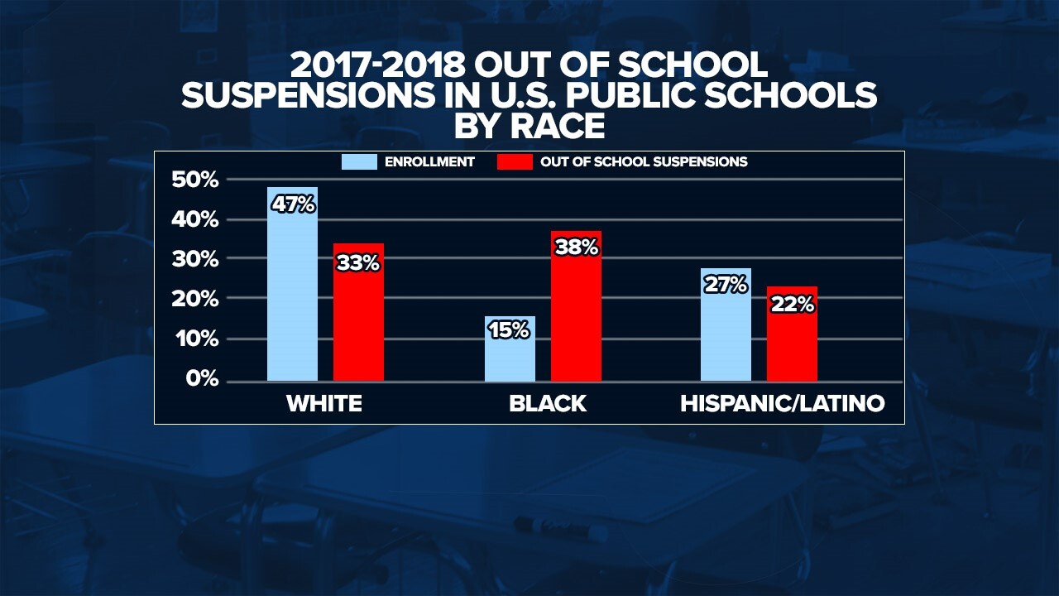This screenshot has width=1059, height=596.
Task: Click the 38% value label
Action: pyautogui.click(x=577, y=247)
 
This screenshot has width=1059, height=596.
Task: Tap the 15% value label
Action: pyautogui.click(x=508, y=330)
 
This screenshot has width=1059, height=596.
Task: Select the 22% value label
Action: pyautogui.click(x=793, y=305)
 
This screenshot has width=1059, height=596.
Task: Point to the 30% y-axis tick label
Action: pyautogui.click(x=196, y=259)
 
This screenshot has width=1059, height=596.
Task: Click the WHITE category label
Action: pyautogui.click(x=324, y=404)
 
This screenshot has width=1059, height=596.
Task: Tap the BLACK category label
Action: pyautogui.click(x=548, y=404)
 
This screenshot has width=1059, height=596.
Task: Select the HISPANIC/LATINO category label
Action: pyautogui.click(x=783, y=404)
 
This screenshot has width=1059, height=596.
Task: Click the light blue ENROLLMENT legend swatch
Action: pyautogui.click(x=360, y=162)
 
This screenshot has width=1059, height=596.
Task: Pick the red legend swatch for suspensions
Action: pyautogui.click(x=514, y=162)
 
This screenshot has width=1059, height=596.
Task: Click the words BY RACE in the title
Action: pyautogui.click(x=529, y=126)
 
